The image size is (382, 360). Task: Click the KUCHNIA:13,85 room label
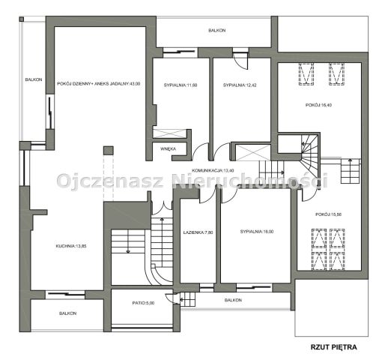(71, 246)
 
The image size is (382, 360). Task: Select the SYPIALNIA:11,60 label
(181, 85)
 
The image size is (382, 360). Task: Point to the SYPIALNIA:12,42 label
(240, 85)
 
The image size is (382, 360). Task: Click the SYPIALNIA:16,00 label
(257, 232)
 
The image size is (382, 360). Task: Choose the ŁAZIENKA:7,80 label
(198, 232)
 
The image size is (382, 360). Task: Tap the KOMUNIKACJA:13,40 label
(213, 171)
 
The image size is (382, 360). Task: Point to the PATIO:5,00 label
(143, 303)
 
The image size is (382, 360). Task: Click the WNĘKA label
(168, 148)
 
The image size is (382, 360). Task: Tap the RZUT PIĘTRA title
(333, 347)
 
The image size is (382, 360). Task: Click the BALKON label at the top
(217, 31)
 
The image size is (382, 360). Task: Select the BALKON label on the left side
(34, 79)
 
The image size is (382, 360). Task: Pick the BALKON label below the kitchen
(67, 313)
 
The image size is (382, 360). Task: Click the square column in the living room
(109, 151)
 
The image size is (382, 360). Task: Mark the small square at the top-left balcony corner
(22, 19)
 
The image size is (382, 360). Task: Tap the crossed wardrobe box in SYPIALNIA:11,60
(170, 133)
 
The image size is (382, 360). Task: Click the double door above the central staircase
(162, 208)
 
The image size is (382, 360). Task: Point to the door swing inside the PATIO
(171, 298)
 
